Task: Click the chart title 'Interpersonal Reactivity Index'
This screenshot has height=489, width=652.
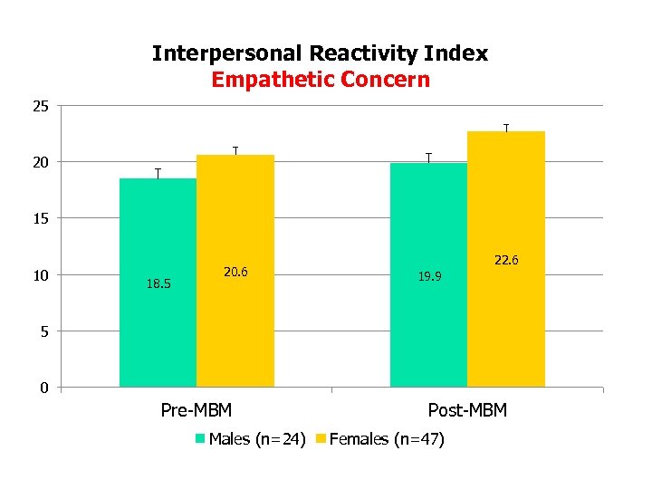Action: point(320,53)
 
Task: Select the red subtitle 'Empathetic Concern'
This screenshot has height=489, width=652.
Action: point(320,80)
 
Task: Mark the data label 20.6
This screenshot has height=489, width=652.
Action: point(235,272)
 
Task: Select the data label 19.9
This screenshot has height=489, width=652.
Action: point(429,276)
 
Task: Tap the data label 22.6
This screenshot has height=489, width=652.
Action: point(506,261)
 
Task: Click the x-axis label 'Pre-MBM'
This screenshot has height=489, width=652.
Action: point(196,410)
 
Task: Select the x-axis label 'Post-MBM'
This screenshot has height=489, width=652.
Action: point(467,410)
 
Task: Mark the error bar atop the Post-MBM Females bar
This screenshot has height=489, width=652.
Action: point(506,128)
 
